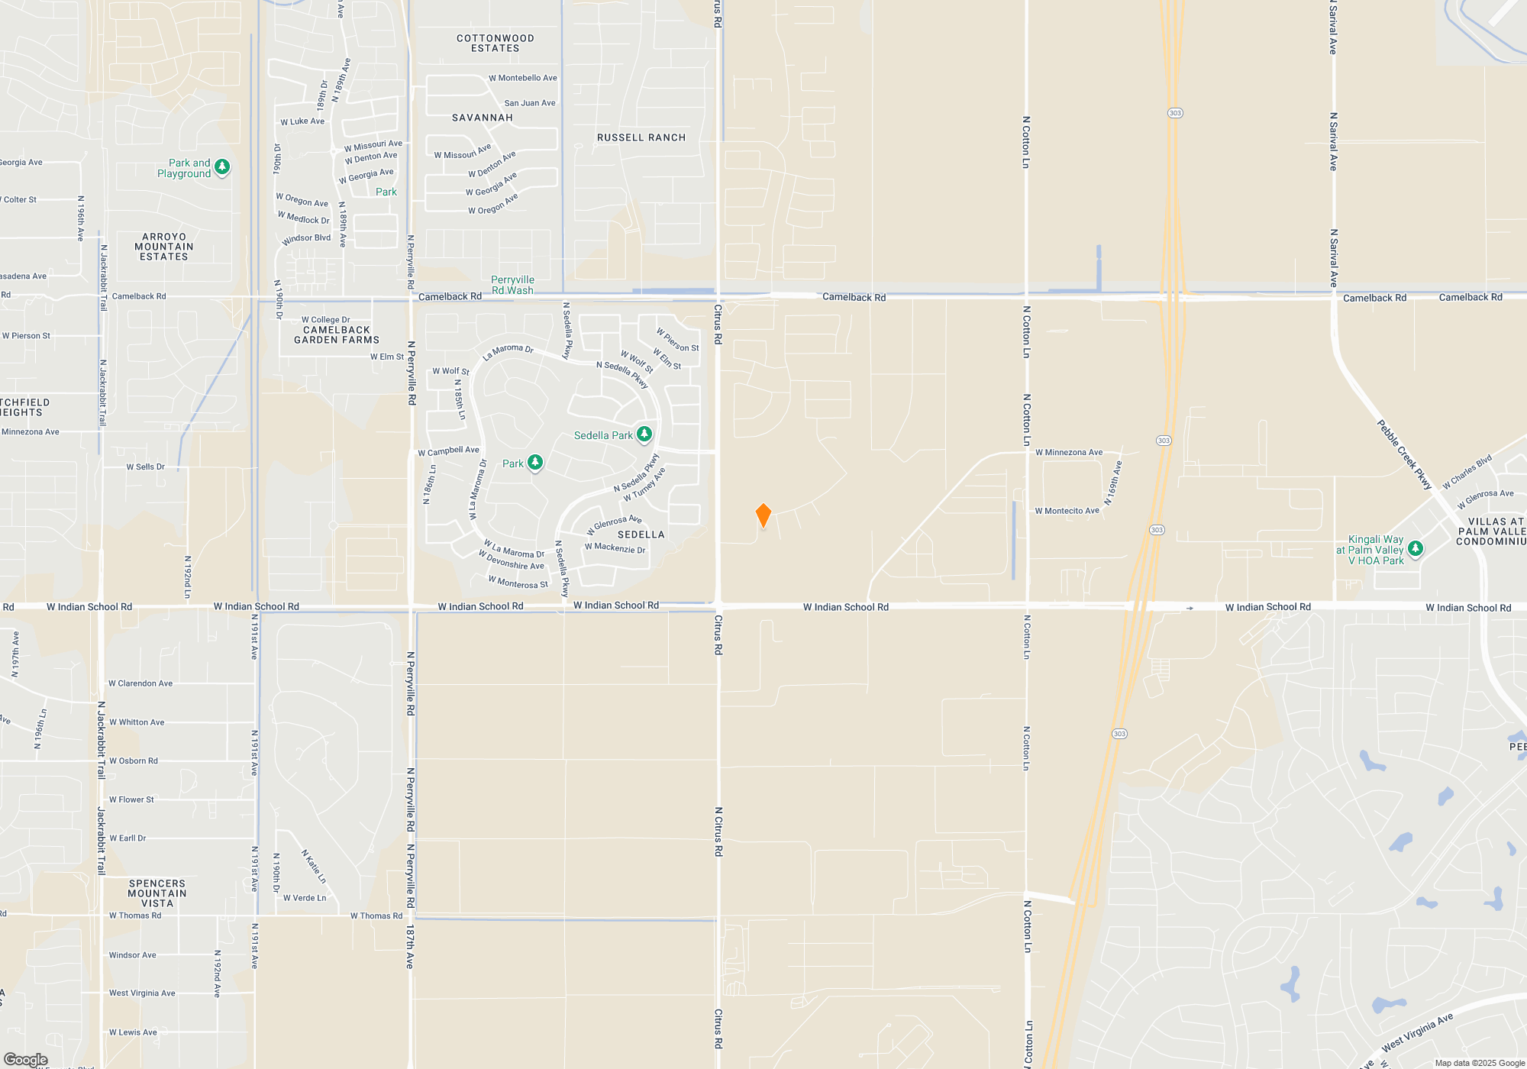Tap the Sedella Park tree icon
click(644, 434)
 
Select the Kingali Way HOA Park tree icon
click(1415, 549)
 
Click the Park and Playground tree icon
click(222, 167)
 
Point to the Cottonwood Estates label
click(495, 44)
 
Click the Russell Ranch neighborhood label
click(641, 137)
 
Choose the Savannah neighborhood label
click(483, 118)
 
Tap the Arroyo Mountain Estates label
click(164, 247)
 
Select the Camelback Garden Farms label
click(337, 335)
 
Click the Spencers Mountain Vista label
click(157, 893)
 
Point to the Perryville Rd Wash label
click(512, 285)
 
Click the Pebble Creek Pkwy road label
click(1404, 454)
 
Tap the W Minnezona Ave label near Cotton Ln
click(1069, 452)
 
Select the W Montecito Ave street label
click(1067, 511)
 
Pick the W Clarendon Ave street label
click(140, 683)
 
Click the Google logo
click(26, 1060)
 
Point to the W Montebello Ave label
click(523, 78)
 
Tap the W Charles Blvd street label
click(1467, 473)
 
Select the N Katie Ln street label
click(314, 867)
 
